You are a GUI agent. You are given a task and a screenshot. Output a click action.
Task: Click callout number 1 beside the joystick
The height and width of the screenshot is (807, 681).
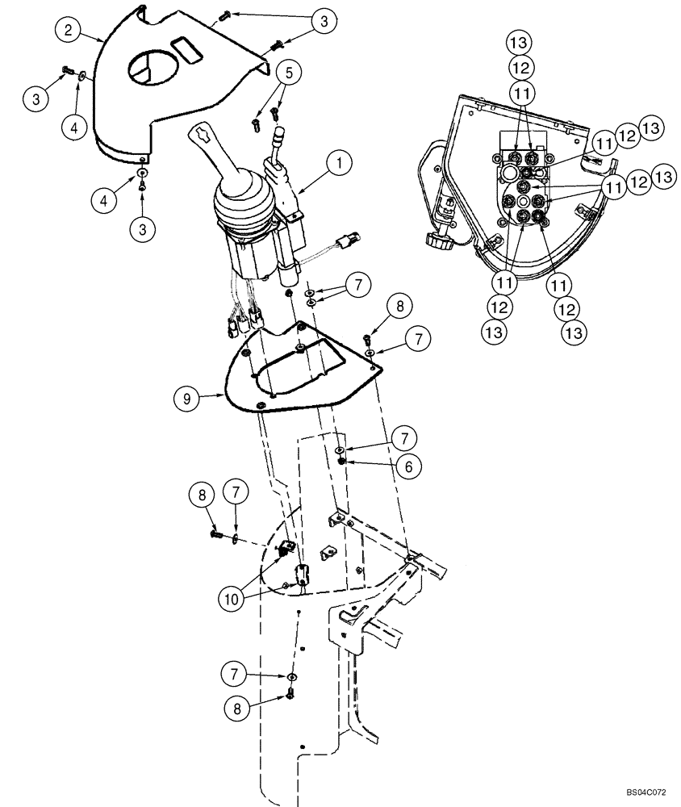pyautogui.click(x=340, y=165)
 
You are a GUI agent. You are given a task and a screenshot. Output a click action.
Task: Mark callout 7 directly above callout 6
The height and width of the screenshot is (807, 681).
pyautogui.click(x=404, y=439)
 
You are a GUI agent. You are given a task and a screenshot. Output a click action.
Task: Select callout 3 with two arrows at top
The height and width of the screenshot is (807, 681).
pyautogui.click(x=323, y=22)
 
